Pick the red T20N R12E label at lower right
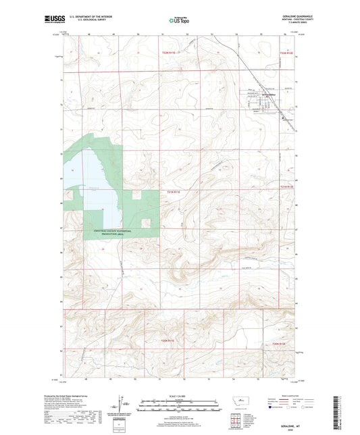(x=284, y=344)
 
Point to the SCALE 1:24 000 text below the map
(x=180, y=395)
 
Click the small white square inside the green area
(x=143, y=222)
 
